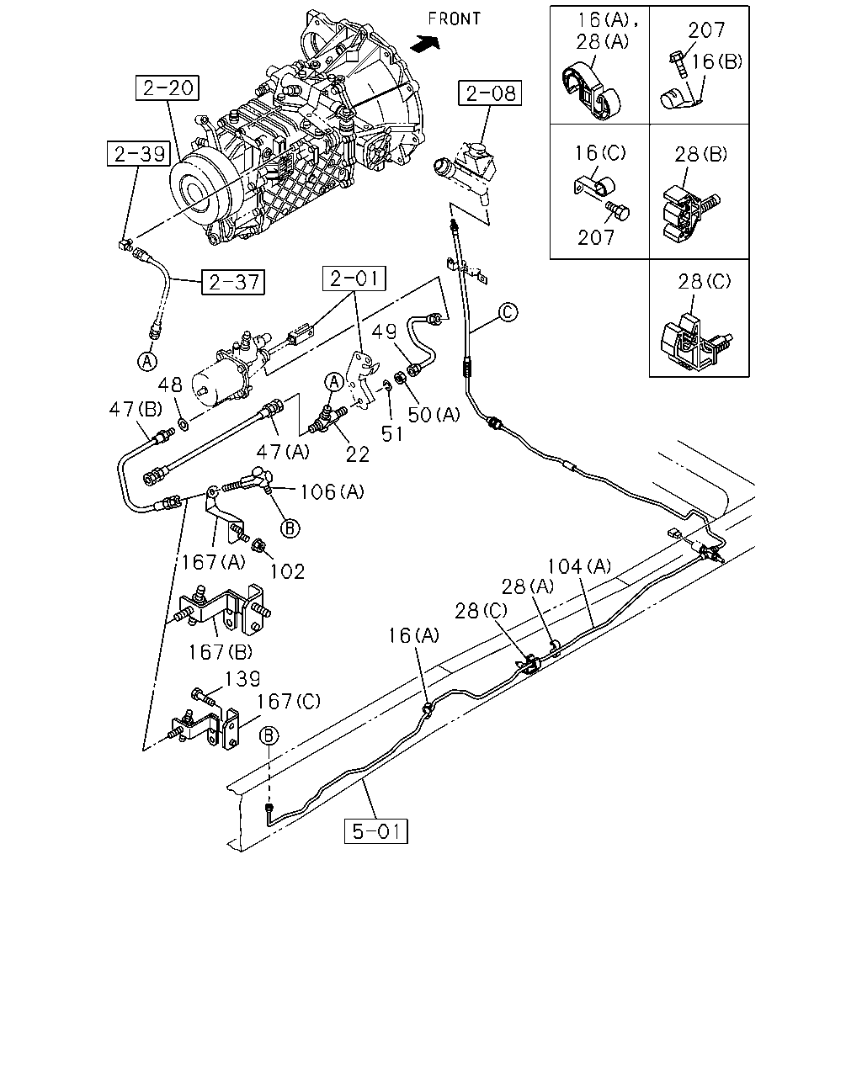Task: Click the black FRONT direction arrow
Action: pyautogui.click(x=425, y=43)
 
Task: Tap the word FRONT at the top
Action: pyautogui.click(x=454, y=19)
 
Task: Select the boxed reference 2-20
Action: pyautogui.click(x=168, y=88)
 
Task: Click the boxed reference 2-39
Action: pyautogui.click(x=139, y=153)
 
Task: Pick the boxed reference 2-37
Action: pyautogui.click(x=233, y=282)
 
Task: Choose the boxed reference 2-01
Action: pyautogui.click(x=354, y=279)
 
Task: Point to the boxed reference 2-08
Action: pyautogui.click(x=490, y=93)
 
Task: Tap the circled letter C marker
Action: pyautogui.click(x=508, y=312)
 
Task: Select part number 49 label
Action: pyautogui.click(x=384, y=332)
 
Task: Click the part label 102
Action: pyautogui.click(x=288, y=571)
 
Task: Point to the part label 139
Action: pyautogui.click(x=242, y=679)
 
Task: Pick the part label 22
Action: pyautogui.click(x=358, y=454)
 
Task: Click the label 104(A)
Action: pyautogui.click(x=579, y=566)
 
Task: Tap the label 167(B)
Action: pyautogui.click(x=221, y=651)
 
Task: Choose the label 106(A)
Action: pyautogui.click(x=332, y=492)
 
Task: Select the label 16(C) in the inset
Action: pyautogui.click(x=600, y=152)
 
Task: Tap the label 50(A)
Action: pyautogui.click(x=434, y=415)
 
